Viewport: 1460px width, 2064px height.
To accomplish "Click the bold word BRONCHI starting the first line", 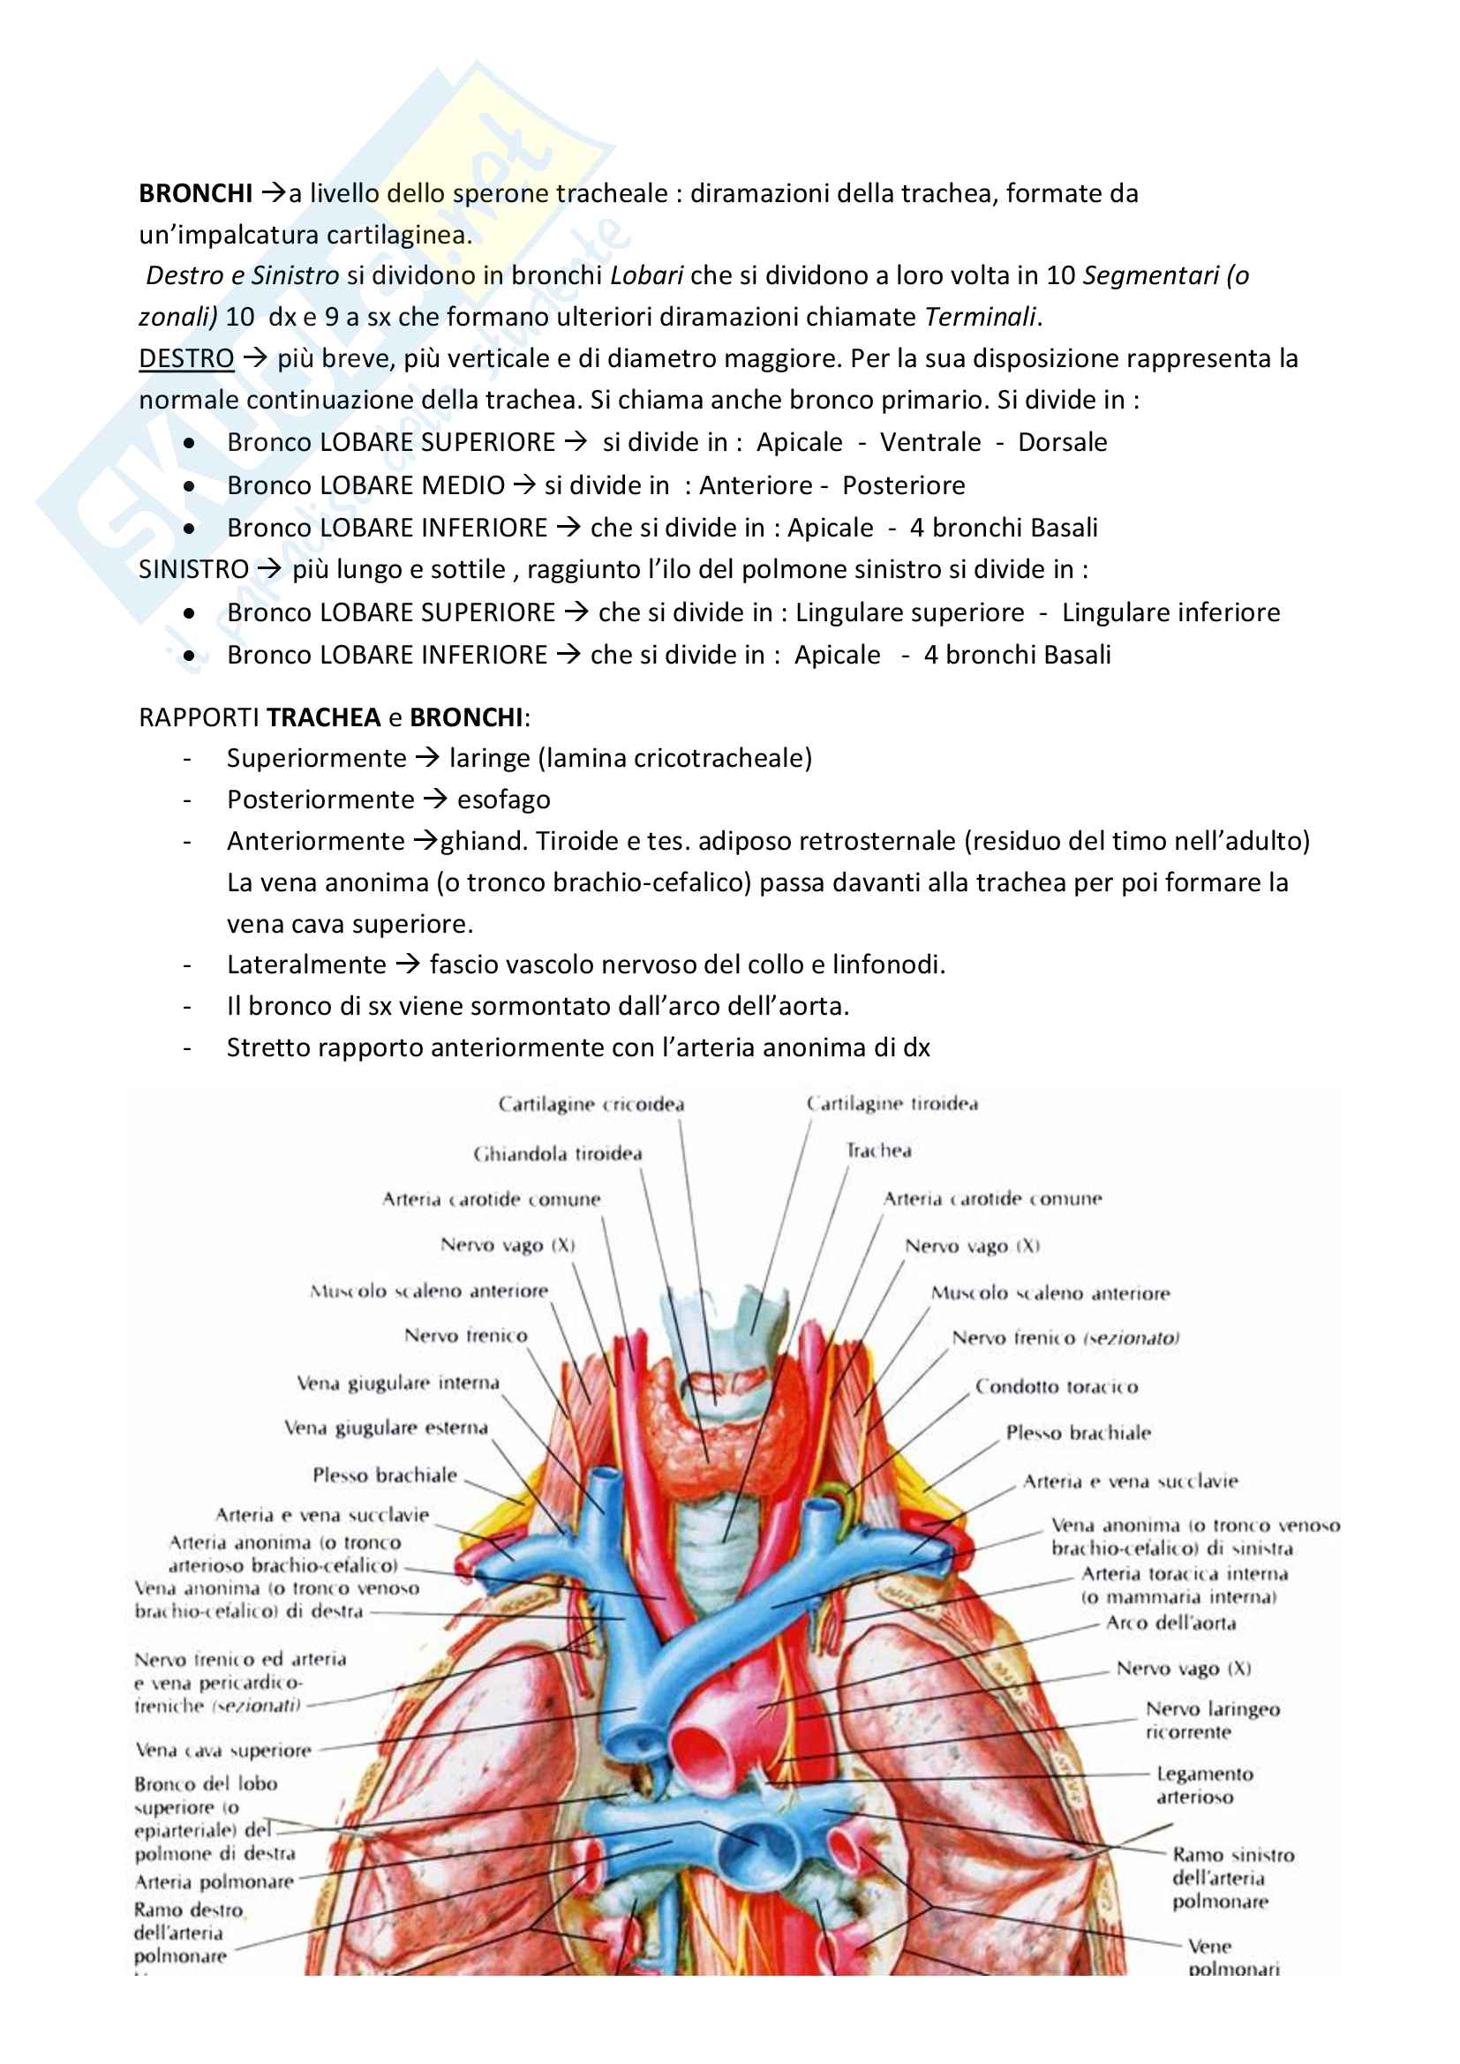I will pos(195,193).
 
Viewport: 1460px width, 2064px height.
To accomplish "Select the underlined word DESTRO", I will pos(186,358).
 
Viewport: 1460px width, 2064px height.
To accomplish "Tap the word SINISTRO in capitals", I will pos(193,569).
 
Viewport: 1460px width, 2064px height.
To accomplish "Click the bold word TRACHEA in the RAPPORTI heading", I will pos(324,717).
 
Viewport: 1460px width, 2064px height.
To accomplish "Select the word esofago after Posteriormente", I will pos(503,799).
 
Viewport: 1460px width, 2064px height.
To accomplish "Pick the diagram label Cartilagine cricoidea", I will pos(591,1104).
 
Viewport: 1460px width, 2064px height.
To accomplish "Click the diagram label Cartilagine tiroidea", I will pos(892,1104).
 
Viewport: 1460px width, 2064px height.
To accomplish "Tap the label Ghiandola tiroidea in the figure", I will pos(557,1153).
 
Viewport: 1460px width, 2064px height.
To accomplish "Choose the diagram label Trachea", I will pos(878,1151).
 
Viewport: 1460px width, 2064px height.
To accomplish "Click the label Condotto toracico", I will pos(1057,1387).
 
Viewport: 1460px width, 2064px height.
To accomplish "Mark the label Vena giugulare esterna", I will pos(386,1428).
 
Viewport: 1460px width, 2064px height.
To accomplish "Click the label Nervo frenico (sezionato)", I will pos(1065,1339).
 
